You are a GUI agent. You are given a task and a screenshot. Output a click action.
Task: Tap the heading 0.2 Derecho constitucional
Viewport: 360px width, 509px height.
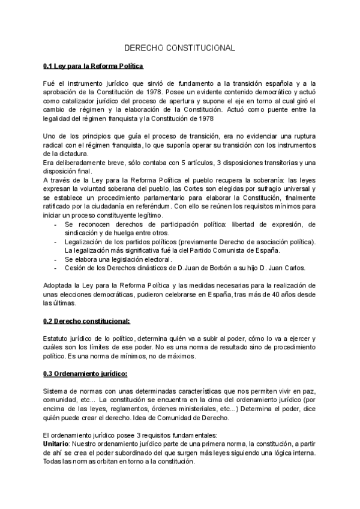point(86,321)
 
